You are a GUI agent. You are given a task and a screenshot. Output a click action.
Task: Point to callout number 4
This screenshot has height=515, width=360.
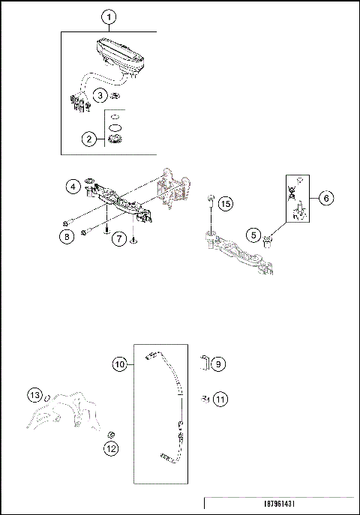tap(72, 184)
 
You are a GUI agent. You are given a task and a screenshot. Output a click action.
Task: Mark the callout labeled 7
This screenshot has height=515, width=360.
tap(118, 238)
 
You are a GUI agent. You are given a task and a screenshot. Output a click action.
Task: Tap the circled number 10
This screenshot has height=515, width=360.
tap(119, 364)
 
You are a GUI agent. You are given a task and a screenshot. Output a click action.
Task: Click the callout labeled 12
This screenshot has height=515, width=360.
tap(111, 450)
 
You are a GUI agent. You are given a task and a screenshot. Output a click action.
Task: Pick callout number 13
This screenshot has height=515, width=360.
tap(34, 394)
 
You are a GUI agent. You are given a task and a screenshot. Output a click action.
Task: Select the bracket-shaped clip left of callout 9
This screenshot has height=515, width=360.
tap(203, 363)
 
